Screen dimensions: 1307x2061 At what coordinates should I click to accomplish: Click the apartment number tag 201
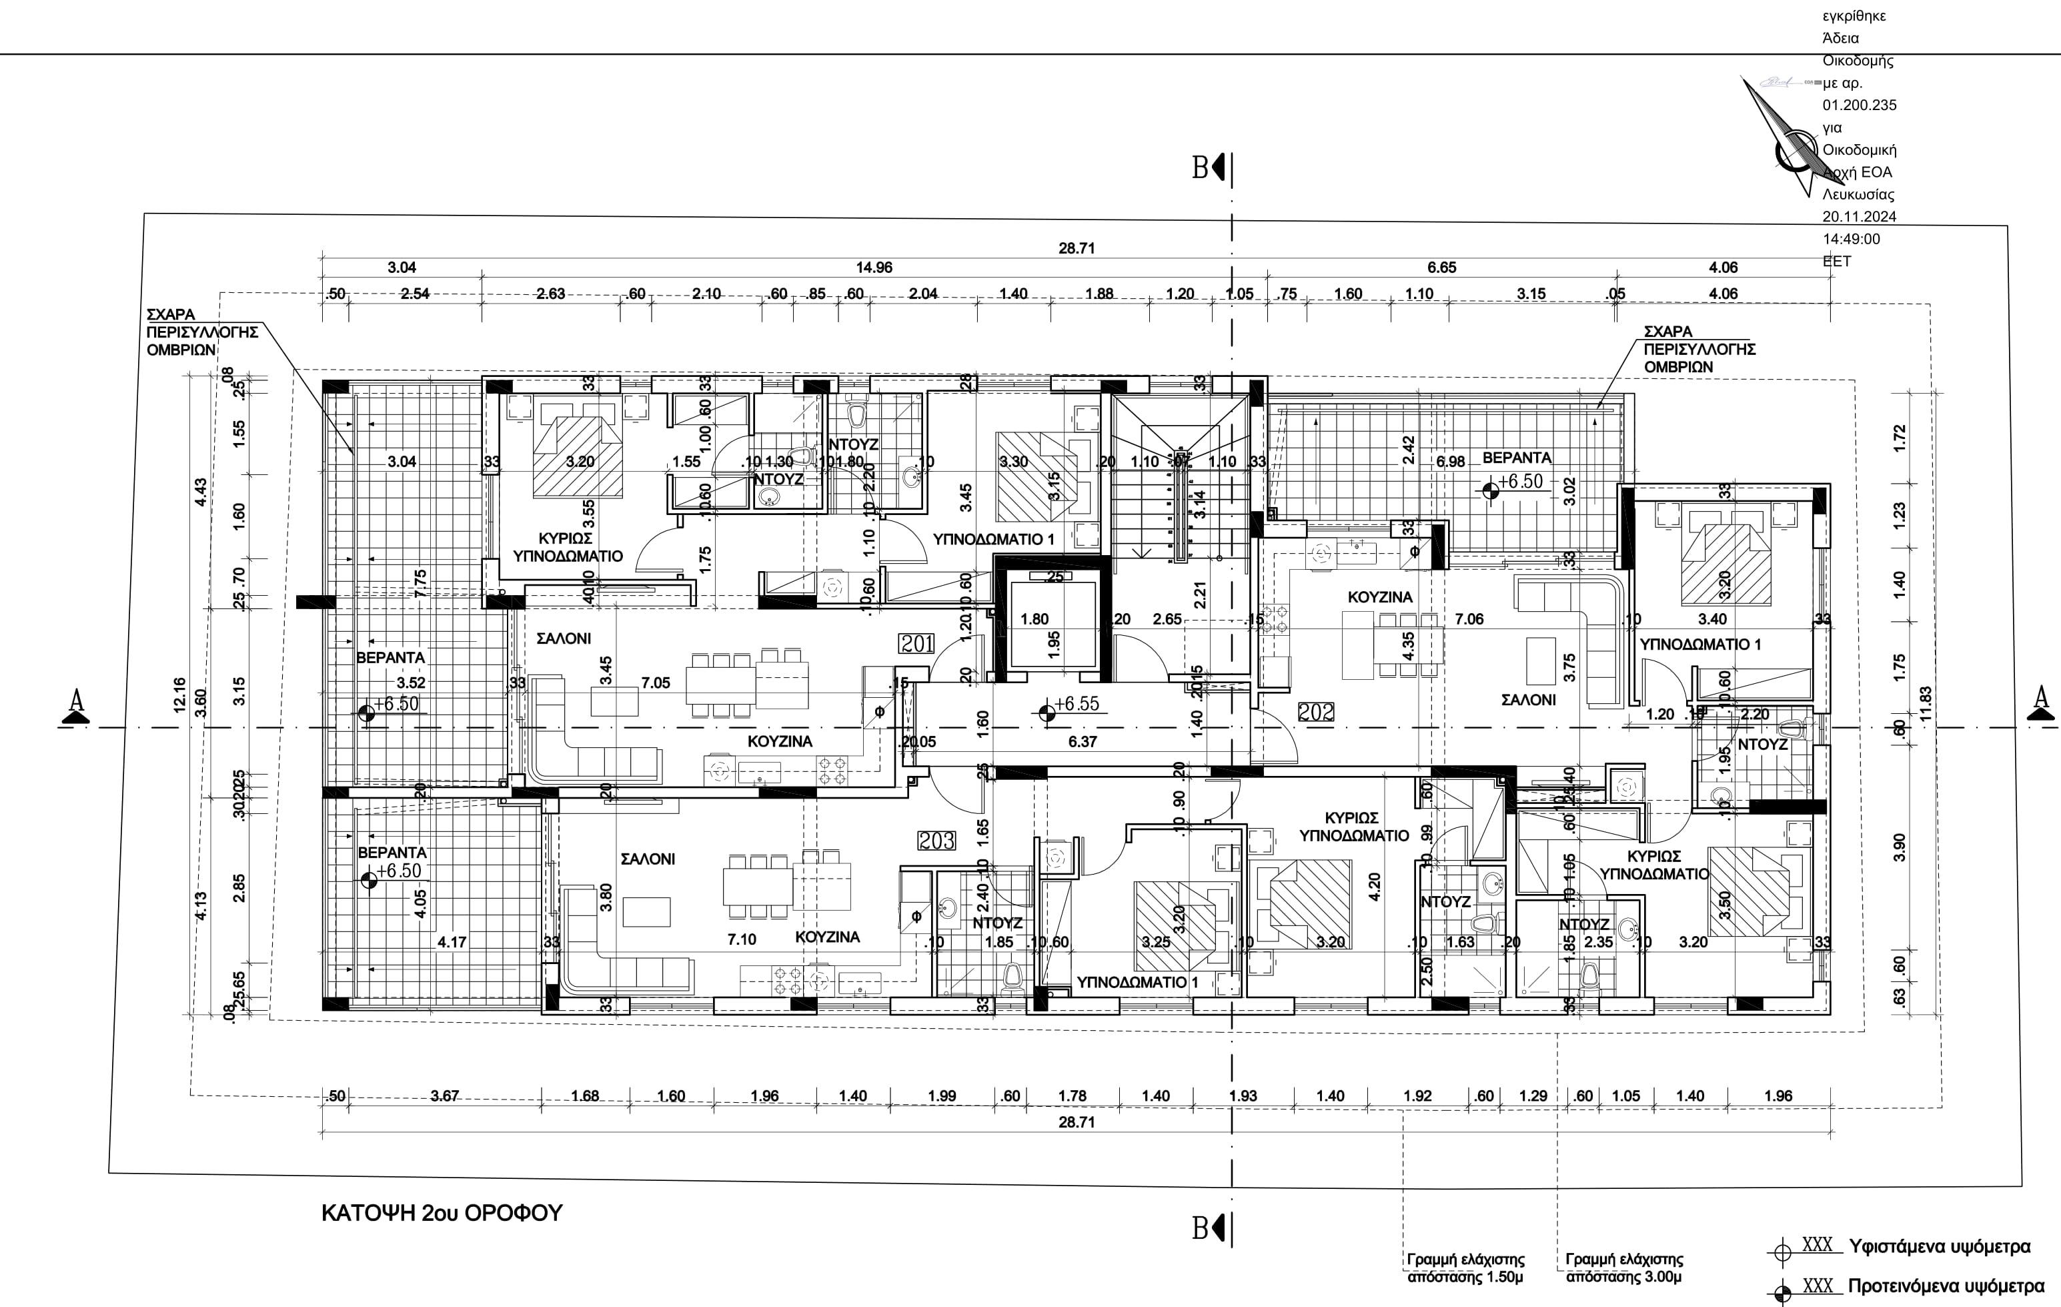pyautogui.click(x=916, y=642)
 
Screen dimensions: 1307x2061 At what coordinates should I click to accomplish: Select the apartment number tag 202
pyautogui.click(x=1315, y=711)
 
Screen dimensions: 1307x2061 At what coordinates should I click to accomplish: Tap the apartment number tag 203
pyautogui.click(x=936, y=841)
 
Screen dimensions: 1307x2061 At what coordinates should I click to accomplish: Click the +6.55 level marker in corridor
pyautogui.click(x=1076, y=704)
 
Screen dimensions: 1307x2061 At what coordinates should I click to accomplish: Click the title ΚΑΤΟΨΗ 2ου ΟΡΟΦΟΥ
pyautogui.click(x=442, y=1213)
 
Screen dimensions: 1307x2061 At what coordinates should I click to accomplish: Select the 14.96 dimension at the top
pyautogui.click(x=874, y=267)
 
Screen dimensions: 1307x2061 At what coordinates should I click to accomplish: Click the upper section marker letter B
pyautogui.click(x=1201, y=167)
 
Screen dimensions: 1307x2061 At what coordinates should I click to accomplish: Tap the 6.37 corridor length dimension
pyautogui.click(x=1082, y=741)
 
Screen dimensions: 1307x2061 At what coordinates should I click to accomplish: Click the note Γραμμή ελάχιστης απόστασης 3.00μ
pyautogui.click(x=1623, y=1268)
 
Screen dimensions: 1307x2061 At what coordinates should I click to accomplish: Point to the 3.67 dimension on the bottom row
pyautogui.click(x=444, y=1096)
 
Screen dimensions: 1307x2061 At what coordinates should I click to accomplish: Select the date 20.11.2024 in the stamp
pyautogui.click(x=1859, y=217)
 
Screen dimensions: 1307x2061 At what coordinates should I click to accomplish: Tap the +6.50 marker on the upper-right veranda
pyautogui.click(x=1519, y=481)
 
